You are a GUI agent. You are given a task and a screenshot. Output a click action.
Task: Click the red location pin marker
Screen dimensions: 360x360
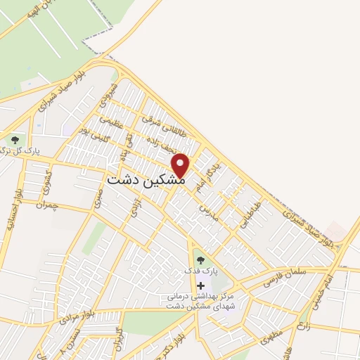point(181,165)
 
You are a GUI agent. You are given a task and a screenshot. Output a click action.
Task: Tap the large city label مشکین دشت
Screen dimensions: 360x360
point(147,180)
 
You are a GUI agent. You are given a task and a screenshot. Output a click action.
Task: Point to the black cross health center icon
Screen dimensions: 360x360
point(201,285)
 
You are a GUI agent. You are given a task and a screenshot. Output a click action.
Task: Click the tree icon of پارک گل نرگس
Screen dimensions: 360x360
point(15,141)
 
